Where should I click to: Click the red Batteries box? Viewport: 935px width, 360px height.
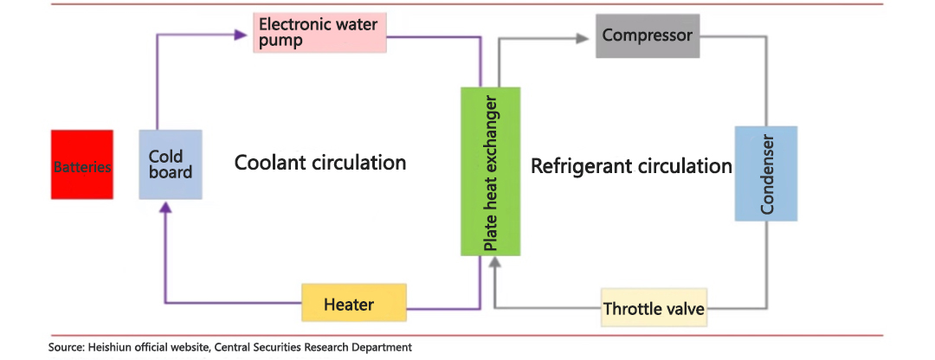[x=82, y=165]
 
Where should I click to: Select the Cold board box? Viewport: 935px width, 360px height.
[x=170, y=165]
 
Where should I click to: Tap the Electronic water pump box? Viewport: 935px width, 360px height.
[x=319, y=33]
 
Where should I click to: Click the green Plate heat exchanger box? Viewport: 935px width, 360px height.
[x=490, y=171]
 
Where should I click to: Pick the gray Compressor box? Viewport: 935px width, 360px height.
[x=647, y=36]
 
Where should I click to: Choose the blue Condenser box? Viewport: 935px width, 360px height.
[x=765, y=173]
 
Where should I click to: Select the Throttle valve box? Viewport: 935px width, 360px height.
[x=654, y=308]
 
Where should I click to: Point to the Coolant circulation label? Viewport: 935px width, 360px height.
[x=320, y=163]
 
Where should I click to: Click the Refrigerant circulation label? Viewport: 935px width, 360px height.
[x=631, y=165]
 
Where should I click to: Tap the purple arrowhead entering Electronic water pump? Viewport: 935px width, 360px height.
[x=242, y=35]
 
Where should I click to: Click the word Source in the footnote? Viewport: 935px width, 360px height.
[x=67, y=348]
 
